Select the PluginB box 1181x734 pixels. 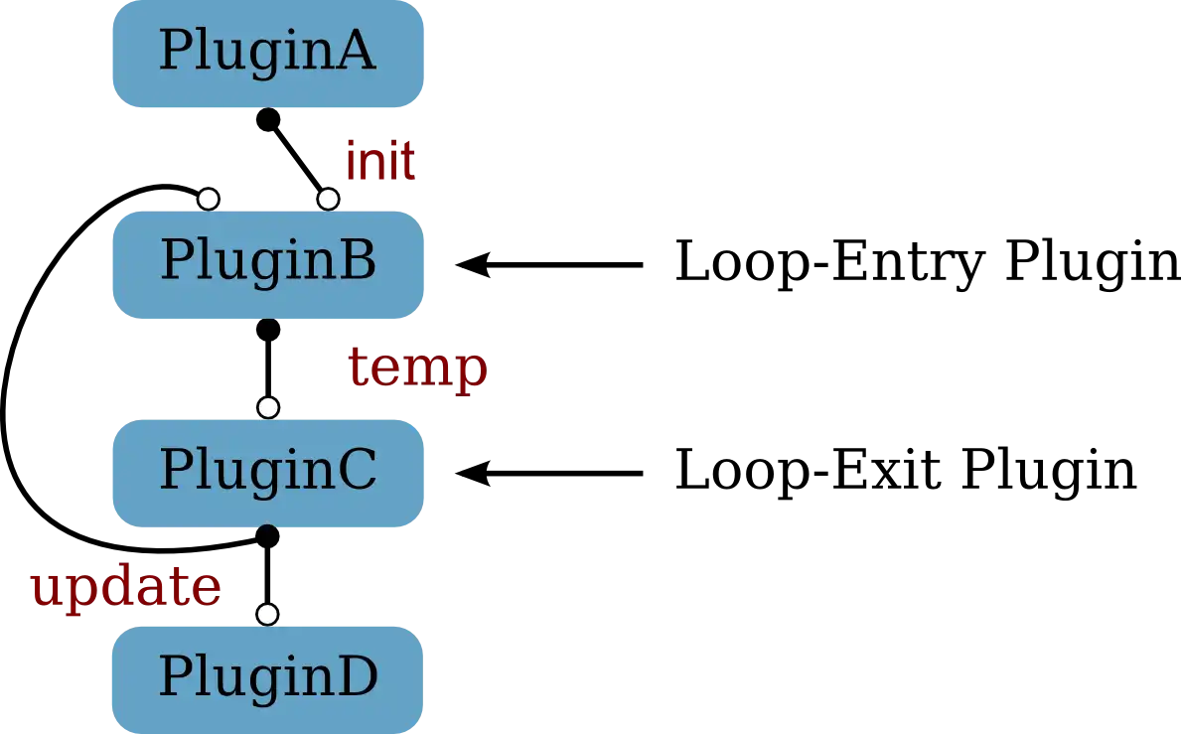(268, 263)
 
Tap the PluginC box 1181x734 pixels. (268, 472)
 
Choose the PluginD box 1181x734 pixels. (268, 679)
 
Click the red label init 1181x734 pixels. (380, 161)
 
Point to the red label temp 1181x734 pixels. (418, 367)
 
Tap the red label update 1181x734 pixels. (125, 589)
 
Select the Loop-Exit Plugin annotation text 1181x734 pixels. (907, 471)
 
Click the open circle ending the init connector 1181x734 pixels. (327, 199)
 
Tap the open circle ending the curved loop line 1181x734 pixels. (208, 199)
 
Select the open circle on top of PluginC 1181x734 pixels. (267, 407)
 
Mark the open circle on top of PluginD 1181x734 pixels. (267, 614)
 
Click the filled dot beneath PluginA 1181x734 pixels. (266, 121)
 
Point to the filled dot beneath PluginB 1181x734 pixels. (267, 329)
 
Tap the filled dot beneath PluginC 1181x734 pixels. (267, 536)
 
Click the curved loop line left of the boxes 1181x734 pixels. (12, 397)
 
